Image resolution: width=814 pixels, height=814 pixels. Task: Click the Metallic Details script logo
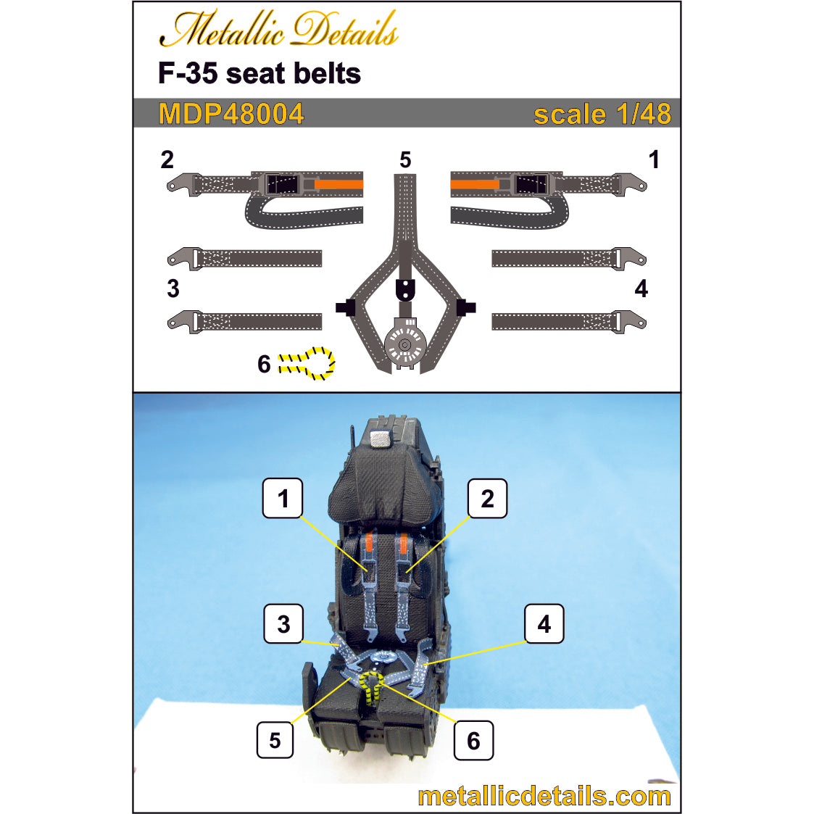tap(279, 29)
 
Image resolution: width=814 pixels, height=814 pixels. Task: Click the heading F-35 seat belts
tap(259, 73)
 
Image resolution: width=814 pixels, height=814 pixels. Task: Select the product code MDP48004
tap(231, 114)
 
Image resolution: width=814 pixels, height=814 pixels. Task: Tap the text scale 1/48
tap(602, 114)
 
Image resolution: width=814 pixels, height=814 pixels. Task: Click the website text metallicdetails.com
tap(544, 797)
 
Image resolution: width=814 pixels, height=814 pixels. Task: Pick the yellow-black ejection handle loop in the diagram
tap(307, 362)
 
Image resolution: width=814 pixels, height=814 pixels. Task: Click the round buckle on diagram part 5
tap(405, 344)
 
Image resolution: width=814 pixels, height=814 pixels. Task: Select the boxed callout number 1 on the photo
tap(283, 499)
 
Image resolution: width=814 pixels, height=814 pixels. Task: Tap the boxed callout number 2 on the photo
tap(487, 499)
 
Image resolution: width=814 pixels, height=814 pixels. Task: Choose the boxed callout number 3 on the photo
tap(283, 623)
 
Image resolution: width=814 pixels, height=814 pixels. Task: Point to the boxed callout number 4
tap(544, 623)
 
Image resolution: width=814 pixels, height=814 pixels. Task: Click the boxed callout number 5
tap(275, 740)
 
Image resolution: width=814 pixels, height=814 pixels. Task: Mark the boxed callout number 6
tap(473, 740)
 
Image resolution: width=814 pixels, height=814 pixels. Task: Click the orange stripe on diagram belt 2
tap(339, 184)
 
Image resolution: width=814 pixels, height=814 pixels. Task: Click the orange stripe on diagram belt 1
tap(475, 184)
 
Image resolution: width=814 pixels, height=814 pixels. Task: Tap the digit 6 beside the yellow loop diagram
tap(265, 364)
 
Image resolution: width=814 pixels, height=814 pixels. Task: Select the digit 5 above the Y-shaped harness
tap(405, 159)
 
